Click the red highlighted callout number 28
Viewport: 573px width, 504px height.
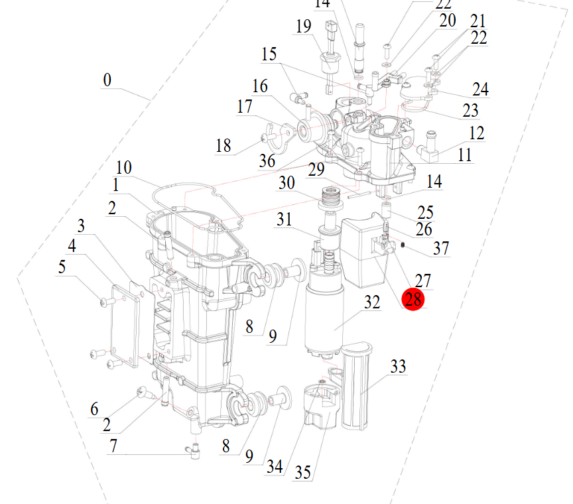coord(413,299)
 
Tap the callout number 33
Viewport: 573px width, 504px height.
coord(398,366)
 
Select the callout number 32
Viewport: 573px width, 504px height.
coord(372,302)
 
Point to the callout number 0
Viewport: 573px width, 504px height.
coord(107,80)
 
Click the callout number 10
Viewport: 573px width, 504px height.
coord(124,167)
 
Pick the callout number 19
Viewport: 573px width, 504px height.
coord(303,27)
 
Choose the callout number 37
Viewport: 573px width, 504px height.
coord(441,249)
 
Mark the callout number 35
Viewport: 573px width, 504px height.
coord(302,472)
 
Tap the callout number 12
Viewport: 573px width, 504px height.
coord(476,133)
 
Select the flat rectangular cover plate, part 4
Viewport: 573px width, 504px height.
coord(126,325)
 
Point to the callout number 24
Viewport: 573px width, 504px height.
coord(480,89)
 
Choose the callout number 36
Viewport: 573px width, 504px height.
coord(267,160)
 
